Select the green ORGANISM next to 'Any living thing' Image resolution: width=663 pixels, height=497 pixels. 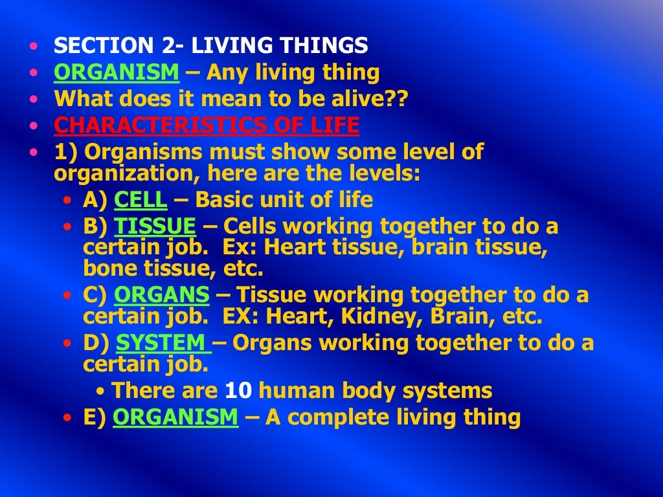pyautogui.click(x=117, y=72)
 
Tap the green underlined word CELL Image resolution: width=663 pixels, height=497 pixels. pyautogui.click(x=140, y=200)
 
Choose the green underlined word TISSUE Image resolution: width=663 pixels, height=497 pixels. pyautogui.click(x=155, y=226)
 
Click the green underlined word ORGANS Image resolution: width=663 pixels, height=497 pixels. pyautogui.click(x=162, y=295)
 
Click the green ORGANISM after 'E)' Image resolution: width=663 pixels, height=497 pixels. pyautogui.click(x=175, y=417)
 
